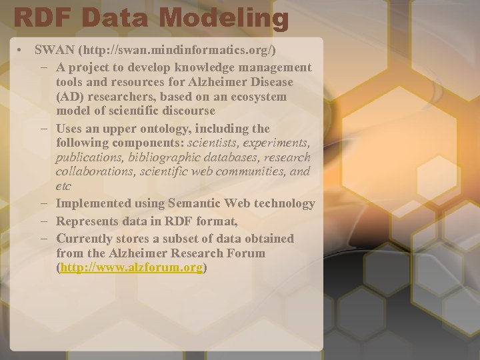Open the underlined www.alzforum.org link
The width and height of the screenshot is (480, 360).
point(131,267)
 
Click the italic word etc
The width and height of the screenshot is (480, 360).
point(64,187)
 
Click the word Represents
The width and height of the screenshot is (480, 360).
point(90,221)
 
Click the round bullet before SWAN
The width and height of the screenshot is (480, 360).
point(23,51)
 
